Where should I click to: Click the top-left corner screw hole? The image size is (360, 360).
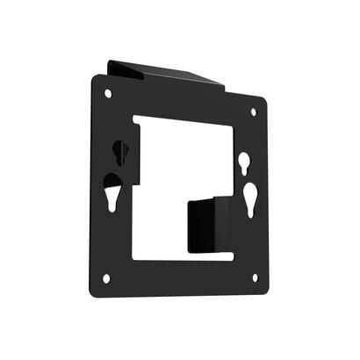(x=108, y=92)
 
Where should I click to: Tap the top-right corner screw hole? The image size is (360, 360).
(x=254, y=112)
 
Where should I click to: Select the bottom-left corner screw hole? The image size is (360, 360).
(x=106, y=278)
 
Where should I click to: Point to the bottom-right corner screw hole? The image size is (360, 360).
(x=255, y=278)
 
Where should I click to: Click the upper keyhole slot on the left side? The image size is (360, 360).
(x=121, y=152)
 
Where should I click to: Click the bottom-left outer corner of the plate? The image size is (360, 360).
(x=93, y=293)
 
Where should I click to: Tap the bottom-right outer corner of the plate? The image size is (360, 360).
(x=267, y=291)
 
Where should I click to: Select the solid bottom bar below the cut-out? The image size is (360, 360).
(x=180, y=274)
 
